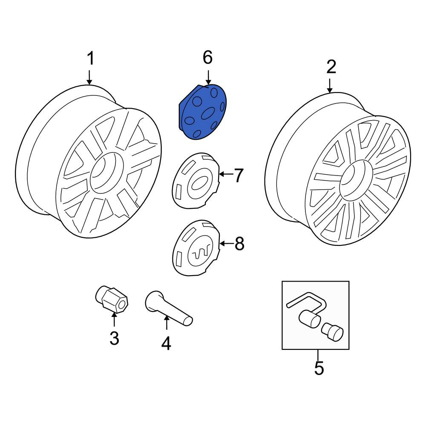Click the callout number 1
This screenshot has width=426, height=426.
tap(90, 58)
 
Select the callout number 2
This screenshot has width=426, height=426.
tap(331, 67)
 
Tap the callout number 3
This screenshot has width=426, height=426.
tap(114, 338)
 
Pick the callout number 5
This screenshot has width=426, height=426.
tap(319, 368)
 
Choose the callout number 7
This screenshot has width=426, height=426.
tap(238, 175)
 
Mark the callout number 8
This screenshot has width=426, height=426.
tap(239, 243)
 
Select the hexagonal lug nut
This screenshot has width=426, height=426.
tap(112, 299)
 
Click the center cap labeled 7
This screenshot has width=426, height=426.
tap(196, 180)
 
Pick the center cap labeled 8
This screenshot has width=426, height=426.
tap(196, 248)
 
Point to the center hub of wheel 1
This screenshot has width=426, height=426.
tap(107, 173)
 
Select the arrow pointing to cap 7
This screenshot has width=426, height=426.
tap(226, 174)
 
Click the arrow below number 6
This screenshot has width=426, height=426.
tap(208, 77)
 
